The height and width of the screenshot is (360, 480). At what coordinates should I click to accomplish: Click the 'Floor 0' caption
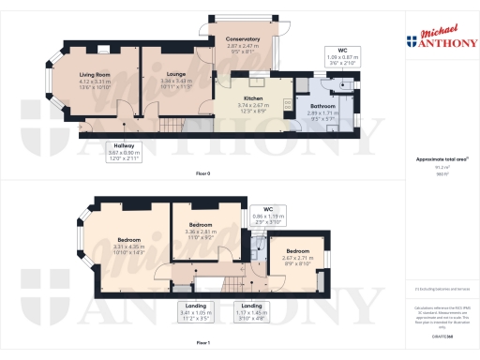tap(203, 174)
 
